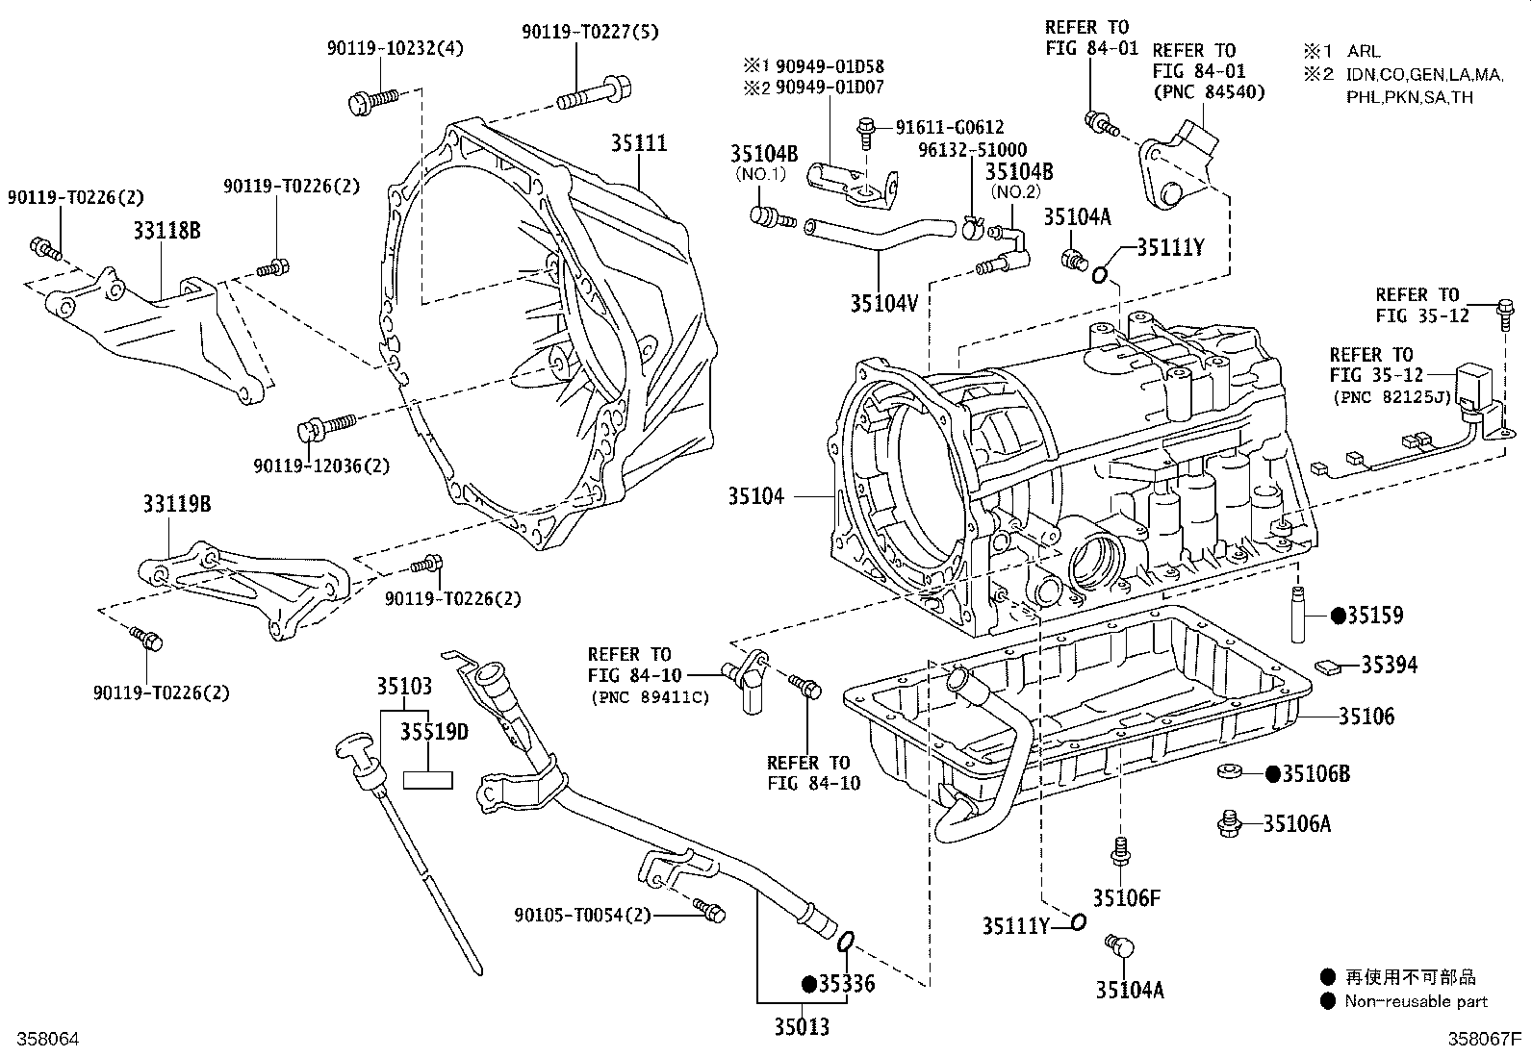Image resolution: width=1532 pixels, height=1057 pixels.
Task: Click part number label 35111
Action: tap(639, 143)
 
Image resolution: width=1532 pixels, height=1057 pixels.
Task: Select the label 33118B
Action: tap(166, 231)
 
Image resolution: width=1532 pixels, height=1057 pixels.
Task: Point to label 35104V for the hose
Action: tap(883, 303)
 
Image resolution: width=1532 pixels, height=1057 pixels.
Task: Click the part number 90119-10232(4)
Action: tap(394, 47)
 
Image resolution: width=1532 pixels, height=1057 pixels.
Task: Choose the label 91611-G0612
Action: tap(949, 127)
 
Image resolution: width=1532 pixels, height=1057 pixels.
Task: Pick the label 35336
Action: tap(847, 984)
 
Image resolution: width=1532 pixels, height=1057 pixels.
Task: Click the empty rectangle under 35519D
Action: tap(427, 779)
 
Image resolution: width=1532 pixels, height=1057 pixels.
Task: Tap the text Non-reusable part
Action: tap(1416, 1001)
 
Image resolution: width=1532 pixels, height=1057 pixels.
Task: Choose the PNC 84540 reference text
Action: tap(1208, 92)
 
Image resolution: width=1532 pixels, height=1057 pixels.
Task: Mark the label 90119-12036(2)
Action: tap(321, 466)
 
